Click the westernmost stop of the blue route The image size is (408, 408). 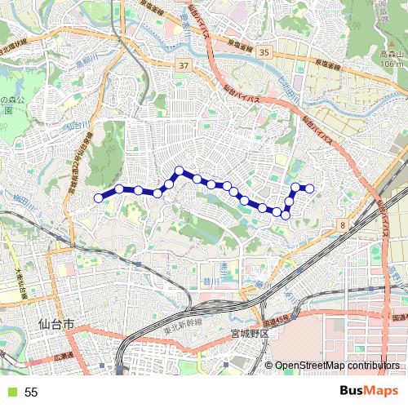pos(99,197)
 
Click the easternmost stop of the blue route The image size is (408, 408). pos(310,189)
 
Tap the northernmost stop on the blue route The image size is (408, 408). pos(179,170)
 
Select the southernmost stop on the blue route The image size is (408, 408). pos(286,214)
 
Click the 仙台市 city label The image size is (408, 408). pos(56,325)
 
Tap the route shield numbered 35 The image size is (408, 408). pos(263,52)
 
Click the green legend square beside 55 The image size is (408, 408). pos(11,392)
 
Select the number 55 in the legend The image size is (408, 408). pos(32,392)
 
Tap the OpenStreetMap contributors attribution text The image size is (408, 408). pos(336,366)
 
